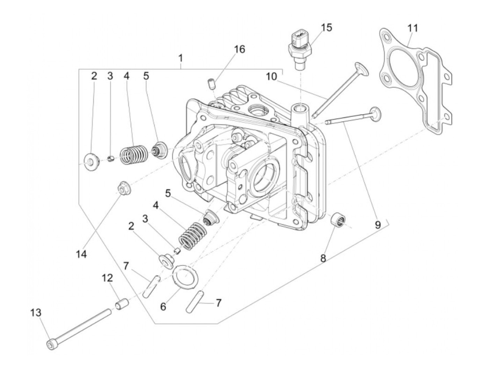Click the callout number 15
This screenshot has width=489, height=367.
[x=327, y=27]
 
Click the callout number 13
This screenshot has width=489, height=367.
[x=36, y=313]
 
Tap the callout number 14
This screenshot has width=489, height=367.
[x=81, y=254]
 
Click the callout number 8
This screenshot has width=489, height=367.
[x=323, y=259]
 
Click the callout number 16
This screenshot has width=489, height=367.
[x=240, y=49]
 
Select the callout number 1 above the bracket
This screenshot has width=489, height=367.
[x=180, y=57]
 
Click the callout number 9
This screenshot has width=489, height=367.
[x=377, y=225]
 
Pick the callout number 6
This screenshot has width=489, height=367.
[x=163, y=307]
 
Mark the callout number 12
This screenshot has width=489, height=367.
[x=107, y=278]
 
